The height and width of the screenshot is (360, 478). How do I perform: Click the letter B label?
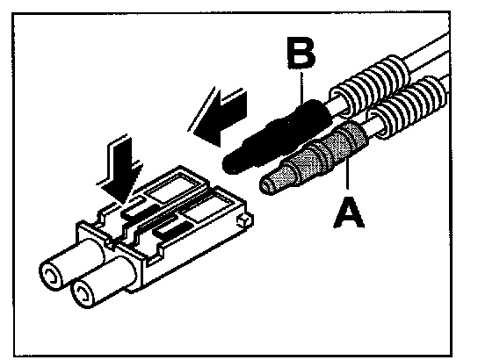pos(301,54)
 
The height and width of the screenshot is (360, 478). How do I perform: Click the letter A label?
pos(349,212)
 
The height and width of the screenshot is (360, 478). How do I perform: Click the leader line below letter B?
pos(301,87)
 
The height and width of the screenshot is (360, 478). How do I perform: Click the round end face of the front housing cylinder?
pos(82,295)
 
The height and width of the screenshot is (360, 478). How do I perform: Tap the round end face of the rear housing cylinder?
pos(51,277)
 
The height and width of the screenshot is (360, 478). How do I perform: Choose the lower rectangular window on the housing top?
pos(209,209)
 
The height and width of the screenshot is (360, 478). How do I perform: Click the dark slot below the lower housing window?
pos(173,229)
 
